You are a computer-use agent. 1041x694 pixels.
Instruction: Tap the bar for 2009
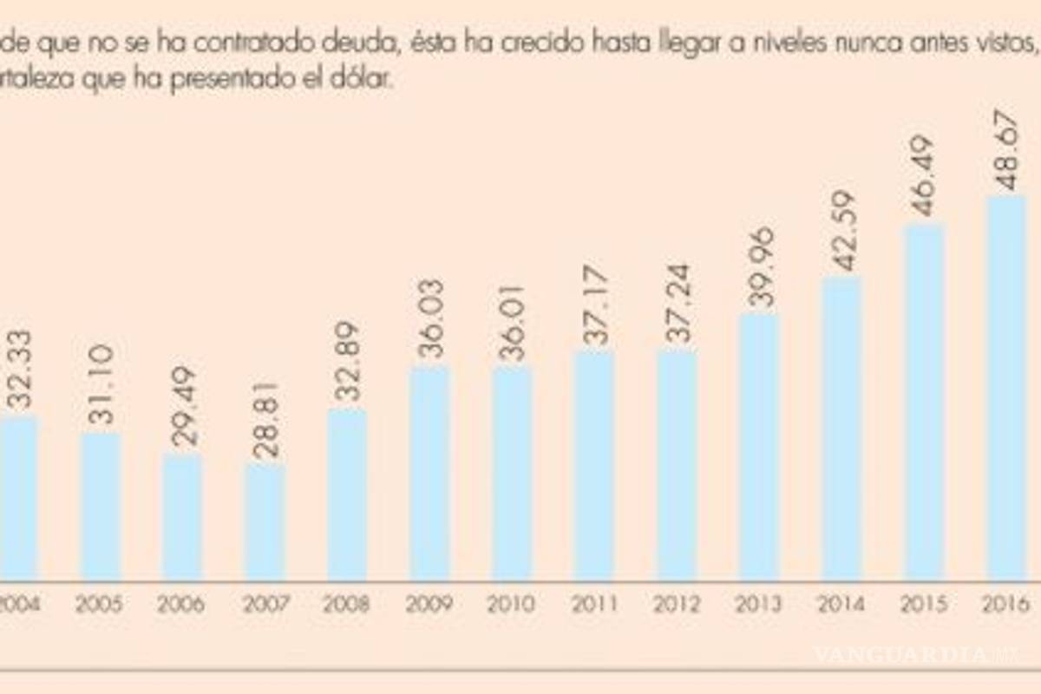429,473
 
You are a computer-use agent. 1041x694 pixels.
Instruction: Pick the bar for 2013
760,447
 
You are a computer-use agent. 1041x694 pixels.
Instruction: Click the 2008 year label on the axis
346,604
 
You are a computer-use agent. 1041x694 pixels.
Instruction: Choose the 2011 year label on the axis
594,604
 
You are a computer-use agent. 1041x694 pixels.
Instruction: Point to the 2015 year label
925,604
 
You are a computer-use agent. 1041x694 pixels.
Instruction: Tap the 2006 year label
181,604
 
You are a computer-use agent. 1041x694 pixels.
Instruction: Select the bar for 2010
513,474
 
